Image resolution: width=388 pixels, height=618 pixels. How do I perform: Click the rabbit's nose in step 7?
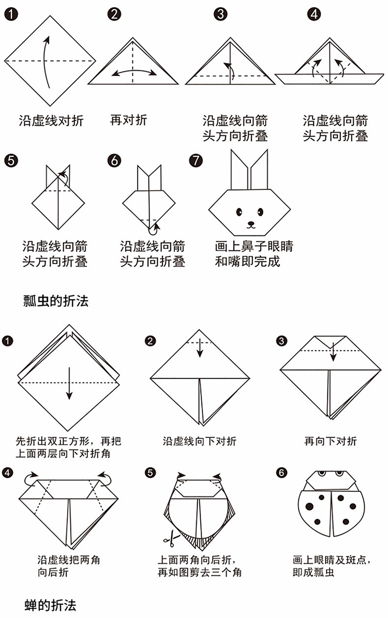(x=251, y=223)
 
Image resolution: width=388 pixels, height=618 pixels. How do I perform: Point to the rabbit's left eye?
(x=240, y=212)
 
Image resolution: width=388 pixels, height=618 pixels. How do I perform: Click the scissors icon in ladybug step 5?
(x=168, y=540)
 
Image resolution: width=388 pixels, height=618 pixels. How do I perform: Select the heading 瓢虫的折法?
(x=56, y=300)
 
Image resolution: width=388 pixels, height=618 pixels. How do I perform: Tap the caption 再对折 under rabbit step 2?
(x=128, y=120)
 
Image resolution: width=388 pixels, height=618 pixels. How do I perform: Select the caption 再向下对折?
(x=330, y=441)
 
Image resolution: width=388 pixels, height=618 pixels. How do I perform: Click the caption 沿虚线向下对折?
(x=200, y=441)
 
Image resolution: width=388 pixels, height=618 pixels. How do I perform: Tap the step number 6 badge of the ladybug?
(x=281, y=473)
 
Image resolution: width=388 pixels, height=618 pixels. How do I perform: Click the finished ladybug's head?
(x=330, y=478)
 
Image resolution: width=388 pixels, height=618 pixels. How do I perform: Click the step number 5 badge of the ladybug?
(x=150, y=473)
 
